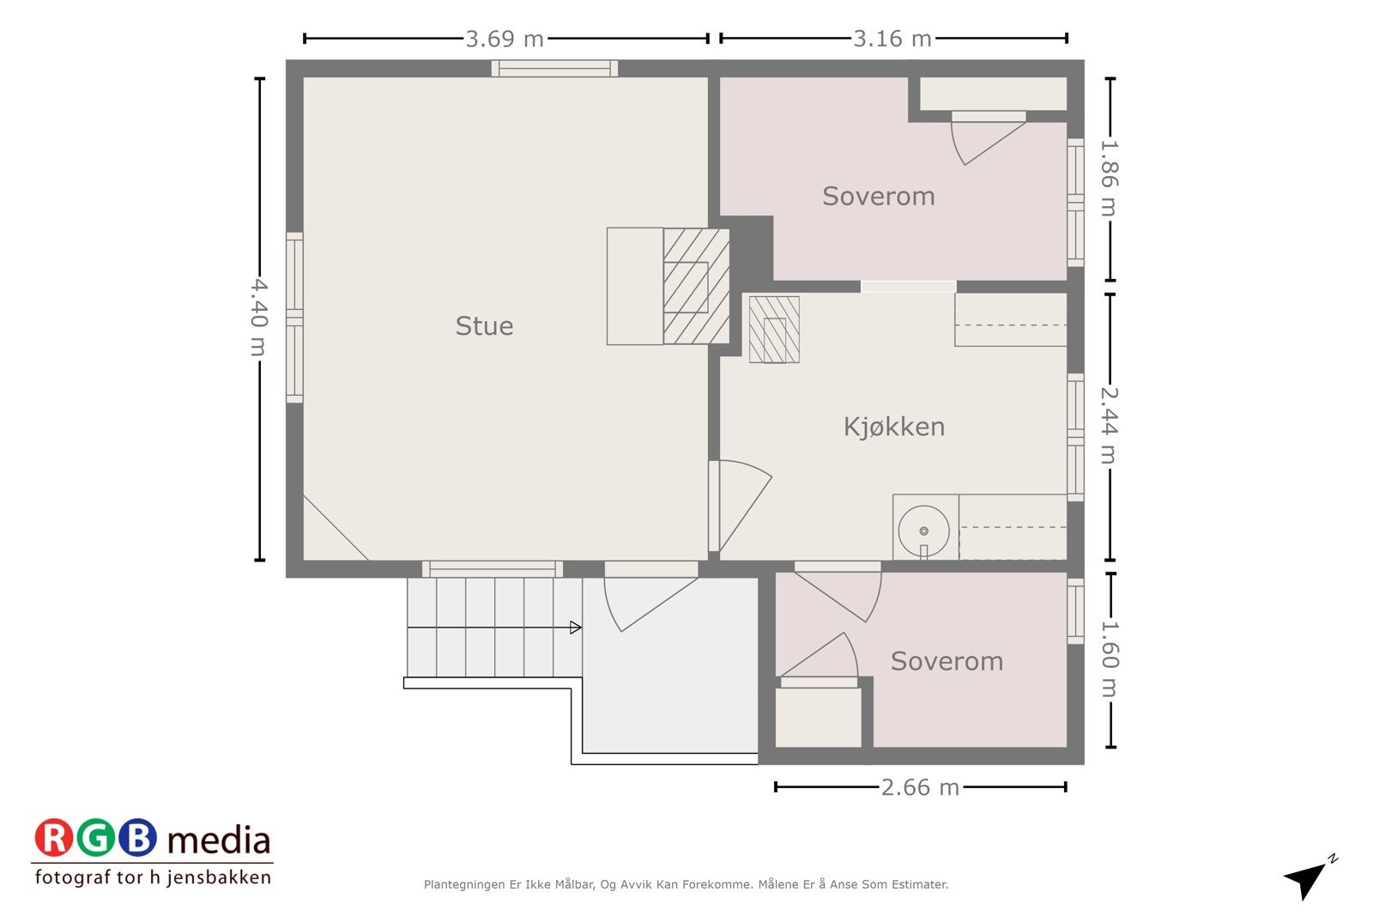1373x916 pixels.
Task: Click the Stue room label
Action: (x=484, y=326)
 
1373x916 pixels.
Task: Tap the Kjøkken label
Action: (x=893, y=427)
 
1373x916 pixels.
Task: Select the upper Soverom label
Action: (x=878, y=197)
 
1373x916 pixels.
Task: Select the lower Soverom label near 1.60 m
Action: (x=946, y=661)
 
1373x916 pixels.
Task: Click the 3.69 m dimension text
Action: (x=505, y=39)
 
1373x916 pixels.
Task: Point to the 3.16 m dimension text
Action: (x=892, y=39)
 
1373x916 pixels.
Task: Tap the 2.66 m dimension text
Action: (x=920, y=787)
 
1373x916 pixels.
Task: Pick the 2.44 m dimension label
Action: (x=1109, y=426)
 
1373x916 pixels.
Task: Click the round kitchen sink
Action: (x=924, y=531)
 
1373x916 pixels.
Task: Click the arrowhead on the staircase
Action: (x=576, y=628)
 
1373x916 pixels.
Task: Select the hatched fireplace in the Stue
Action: (x=695, y=286)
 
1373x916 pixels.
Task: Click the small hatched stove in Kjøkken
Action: (x=774, y=330)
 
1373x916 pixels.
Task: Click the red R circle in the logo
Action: (x=54, y=839)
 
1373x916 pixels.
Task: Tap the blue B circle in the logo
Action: (x=137, y=839)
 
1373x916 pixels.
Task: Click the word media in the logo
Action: (x=219, y=840)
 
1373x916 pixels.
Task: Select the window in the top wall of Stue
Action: (x=554, y=69)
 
